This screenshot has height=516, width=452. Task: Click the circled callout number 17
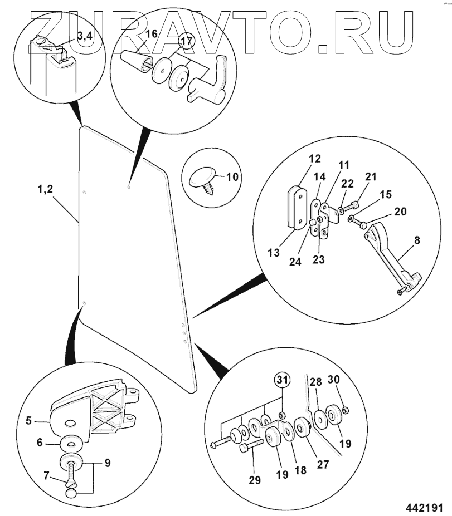184,41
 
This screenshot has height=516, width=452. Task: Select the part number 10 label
232,178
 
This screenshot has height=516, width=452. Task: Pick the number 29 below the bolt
255,480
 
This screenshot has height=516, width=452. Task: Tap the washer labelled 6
71,445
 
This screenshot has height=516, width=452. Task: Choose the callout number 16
152,34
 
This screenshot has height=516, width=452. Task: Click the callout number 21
371,177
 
